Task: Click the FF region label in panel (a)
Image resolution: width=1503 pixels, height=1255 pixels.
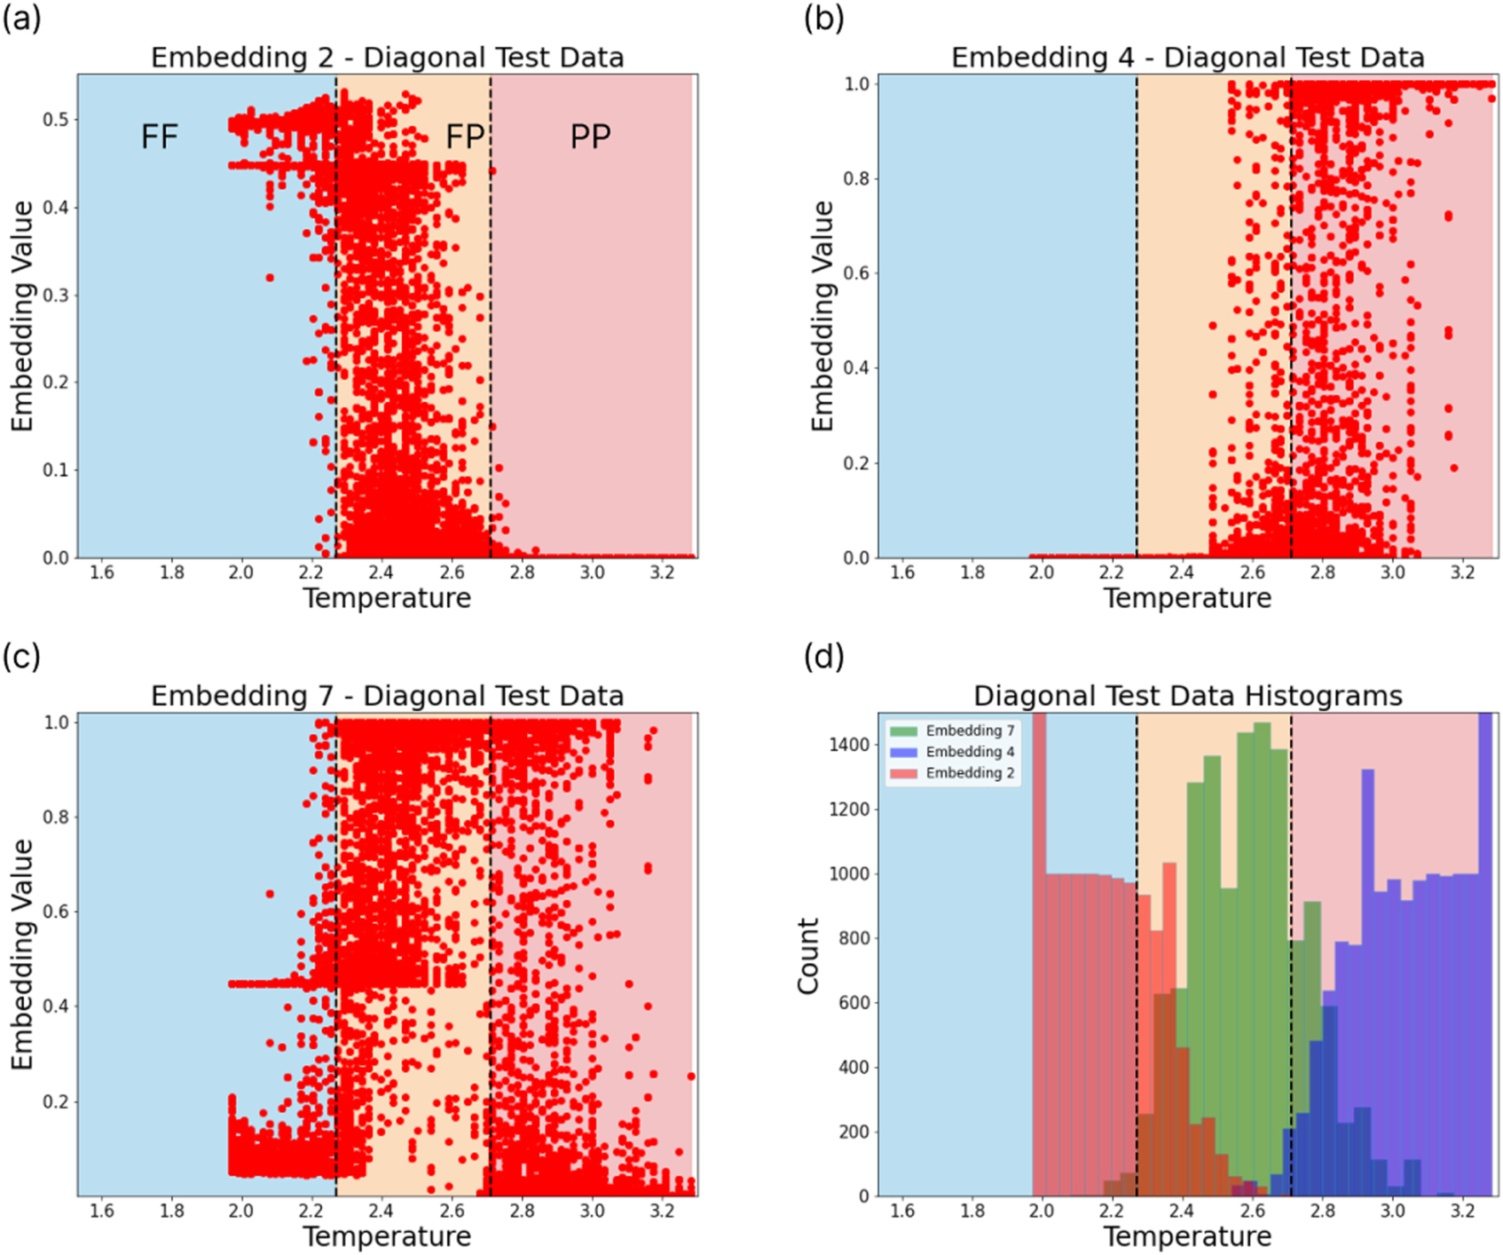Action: pyautogui.click(x=160, y=137)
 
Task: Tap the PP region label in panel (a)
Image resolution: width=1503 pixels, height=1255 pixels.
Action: pyautogui.click(x=590, y=137)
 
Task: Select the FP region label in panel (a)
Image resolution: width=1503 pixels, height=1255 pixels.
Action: pyautogui.click(x=465, y=137)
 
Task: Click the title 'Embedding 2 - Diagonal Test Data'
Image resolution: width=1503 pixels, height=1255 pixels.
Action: pyautogui.click(x=387, y=58)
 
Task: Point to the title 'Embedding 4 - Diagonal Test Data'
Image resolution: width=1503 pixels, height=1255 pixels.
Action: pyautogui.click(x=1187, y=58)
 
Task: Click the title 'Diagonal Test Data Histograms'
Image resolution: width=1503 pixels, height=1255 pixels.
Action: pyautogui.click(x=1187, y=696)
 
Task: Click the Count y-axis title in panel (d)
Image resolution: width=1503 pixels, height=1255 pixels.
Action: pyautogui.click(x=807, y=956)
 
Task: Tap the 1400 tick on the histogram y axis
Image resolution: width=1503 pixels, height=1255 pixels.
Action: pyautogui.click(x=849, y=745)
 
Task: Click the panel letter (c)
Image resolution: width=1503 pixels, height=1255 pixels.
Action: pyautogui.click(x=21, y=658)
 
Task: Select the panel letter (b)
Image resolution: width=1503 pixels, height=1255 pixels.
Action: pyautogui.click(x=822, y=20)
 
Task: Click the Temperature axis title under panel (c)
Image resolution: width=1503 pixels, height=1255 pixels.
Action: pyautogui.click(x=387, y=1236)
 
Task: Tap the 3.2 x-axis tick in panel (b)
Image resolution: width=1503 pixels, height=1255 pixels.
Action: pyautogui.click(x=1462, y=572)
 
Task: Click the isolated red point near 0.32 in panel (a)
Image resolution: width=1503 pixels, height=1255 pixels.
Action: pyautogui.click(x=270, y=278)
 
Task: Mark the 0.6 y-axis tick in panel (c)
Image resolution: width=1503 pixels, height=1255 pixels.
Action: pyautogui.click(x=58, y=912)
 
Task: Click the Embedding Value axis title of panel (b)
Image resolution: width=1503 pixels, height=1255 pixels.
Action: pyautogui.click(x=822, y=316)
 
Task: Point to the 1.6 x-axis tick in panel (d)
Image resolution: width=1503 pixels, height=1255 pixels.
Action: pyautogui.click(x=902, y=1211)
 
